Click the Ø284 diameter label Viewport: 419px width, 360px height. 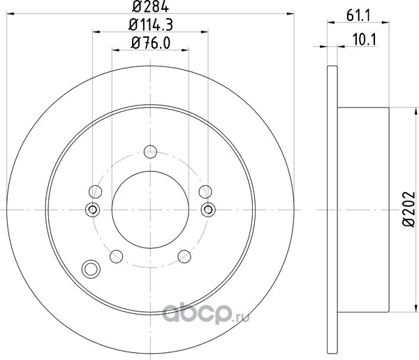pos(150,6)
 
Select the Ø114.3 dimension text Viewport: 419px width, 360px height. pos(151,25)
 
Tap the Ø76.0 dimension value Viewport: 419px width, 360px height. pos(150,43)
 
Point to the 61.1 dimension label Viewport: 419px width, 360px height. pos(358,16)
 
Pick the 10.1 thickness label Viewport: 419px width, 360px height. pos(365,40)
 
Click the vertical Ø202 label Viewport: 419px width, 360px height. pos(409,210)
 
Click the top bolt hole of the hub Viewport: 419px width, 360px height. pos(150,152)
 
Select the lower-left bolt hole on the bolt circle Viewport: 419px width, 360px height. pos(116,257)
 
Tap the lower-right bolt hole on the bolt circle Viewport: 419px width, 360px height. pos(184,257)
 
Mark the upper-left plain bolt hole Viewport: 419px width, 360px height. pos(95,192)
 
